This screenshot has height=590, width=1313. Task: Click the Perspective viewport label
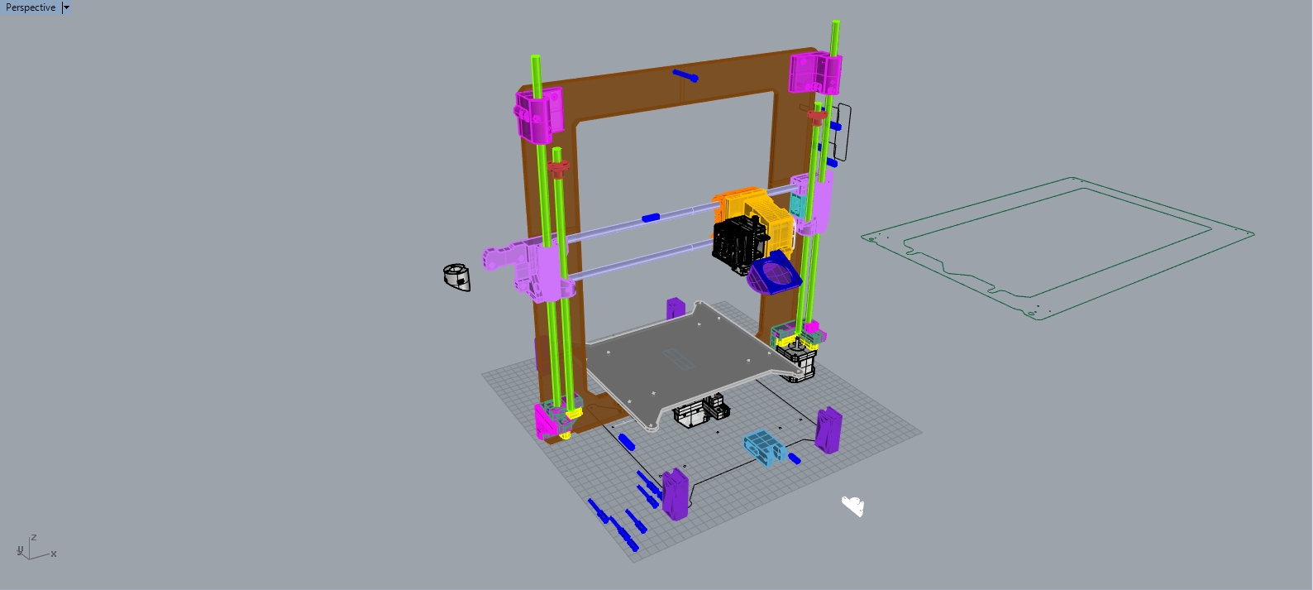[x=31, y=7]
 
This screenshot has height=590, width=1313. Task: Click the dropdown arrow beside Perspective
[x=66, y=7]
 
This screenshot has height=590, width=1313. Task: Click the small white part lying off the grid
[x=852, y=506]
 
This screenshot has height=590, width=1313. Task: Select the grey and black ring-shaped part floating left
[x=456, y=277]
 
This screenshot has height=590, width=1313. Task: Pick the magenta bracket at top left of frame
[x=539, y=115]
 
